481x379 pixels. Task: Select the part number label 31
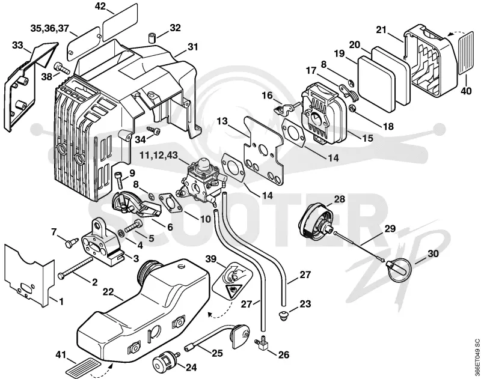click(x=192, y=47)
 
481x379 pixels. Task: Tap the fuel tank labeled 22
click(x=143, y=309)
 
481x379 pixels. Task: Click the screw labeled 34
click(x=154, y=131)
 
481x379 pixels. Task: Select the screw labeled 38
click(x=62, y=68)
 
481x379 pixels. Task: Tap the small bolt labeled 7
click(x=69, y=244)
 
